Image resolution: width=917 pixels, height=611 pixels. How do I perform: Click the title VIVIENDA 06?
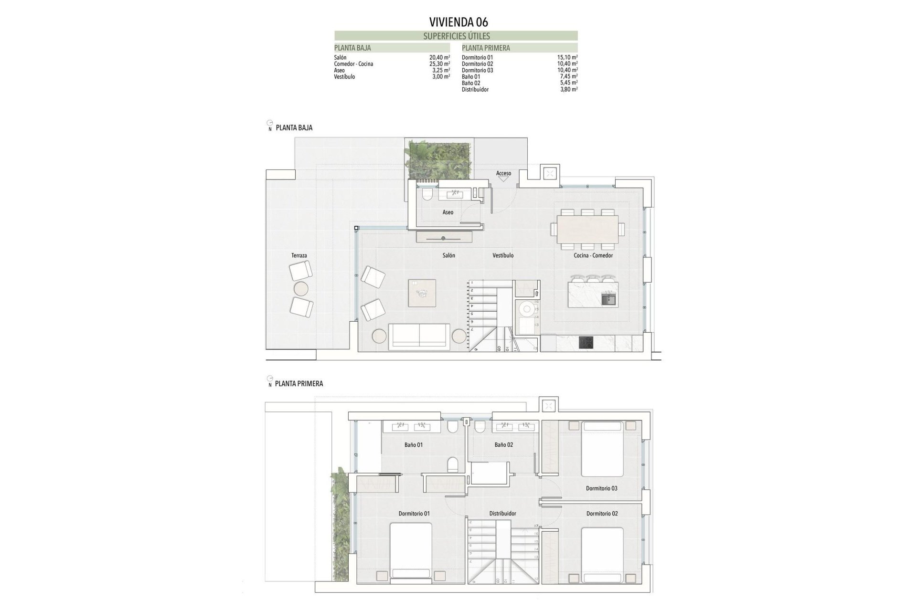coord(458,22)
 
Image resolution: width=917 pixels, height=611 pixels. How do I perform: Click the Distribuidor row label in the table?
coord(475,90)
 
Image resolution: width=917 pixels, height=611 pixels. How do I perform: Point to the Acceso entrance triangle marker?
coord(503,179)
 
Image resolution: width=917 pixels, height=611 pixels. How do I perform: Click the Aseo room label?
coord(448,212)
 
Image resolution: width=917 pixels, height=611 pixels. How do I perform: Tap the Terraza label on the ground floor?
coord(299,255)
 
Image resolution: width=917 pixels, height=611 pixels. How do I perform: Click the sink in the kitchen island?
coord(608,300)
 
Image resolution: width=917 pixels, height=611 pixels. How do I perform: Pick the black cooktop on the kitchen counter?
coord(586,342)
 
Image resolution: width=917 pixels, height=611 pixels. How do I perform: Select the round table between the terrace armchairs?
coord(301,289)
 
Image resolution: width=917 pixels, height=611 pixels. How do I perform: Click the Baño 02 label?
coord(503,444)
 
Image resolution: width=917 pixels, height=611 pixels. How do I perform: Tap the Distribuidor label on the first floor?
coord(502,514)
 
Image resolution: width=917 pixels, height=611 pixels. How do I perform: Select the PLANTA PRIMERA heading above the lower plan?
coord(299,384)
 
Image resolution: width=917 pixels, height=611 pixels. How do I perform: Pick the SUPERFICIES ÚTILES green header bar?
coord(456,36)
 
